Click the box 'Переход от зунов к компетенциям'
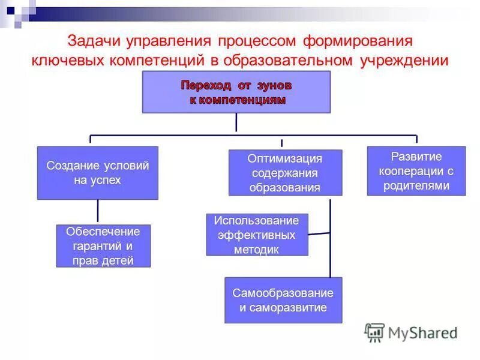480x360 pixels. [236, 92]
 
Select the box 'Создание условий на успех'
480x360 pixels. [97, 173]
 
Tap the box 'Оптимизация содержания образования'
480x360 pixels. [285, 173]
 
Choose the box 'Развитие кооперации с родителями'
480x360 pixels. [416, 171]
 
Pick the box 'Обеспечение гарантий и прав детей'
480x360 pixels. [103, 246]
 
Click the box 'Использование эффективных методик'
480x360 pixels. [257, 235]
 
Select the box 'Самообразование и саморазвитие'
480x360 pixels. [283, 300]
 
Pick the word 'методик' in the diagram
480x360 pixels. [257, 250]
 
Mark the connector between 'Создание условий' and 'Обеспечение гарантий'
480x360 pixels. [97, 212]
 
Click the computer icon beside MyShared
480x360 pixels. [374, 332]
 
